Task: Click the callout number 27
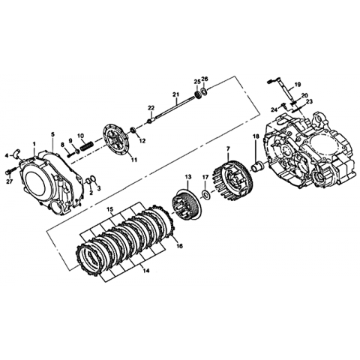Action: pyautogui.click(x=9, y=181)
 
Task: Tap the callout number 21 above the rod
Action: pyautogui.click(x=175, y=94)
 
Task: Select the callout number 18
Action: pyautogui.click(x=256, y=136)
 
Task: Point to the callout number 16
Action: pyautogui.click(x=179, y=246)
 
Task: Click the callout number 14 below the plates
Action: pyautogui.click(x=146, y=270)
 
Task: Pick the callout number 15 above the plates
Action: pyautogui.click(x=109, y=209)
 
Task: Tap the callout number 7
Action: pyautogui.click(x=228, y=148)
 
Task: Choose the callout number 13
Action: pyautogui.click(x=187, y=177)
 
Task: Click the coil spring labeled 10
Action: pyautogui.click(x=86, y=146)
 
